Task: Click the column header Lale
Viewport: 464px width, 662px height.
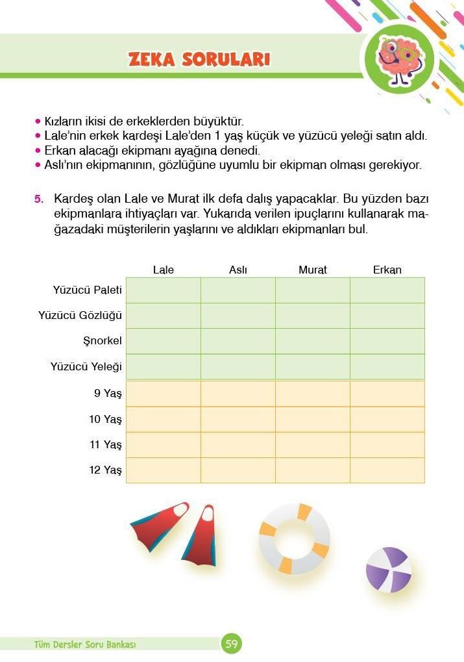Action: [x=164, y=270]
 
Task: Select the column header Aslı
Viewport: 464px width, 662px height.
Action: [x=238, y=270]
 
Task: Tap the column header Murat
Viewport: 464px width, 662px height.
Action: [x=313, y=270]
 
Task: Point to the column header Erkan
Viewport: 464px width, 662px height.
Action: [x=387, y=270]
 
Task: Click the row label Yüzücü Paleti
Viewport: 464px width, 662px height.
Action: [x=87, y=290]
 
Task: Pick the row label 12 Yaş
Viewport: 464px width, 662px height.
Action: [x=105, y=470]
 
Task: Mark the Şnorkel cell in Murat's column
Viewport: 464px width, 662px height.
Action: [x=313, y=341]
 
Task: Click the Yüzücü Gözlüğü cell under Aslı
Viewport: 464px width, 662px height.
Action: [x=238, y=316]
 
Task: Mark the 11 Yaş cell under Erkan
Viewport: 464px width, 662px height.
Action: [x=387, y=445]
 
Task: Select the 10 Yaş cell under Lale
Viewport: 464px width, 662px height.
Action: [x=164, y=419]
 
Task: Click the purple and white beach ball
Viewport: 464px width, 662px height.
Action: [x=388, y=570]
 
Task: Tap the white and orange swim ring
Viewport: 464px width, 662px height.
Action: [x=294, y=539]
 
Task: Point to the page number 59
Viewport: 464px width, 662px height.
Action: [x=232, y=644]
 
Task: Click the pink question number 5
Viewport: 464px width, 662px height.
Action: [x=39, y=198]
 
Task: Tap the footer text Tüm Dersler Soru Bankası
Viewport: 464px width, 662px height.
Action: [x=85, y=644]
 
